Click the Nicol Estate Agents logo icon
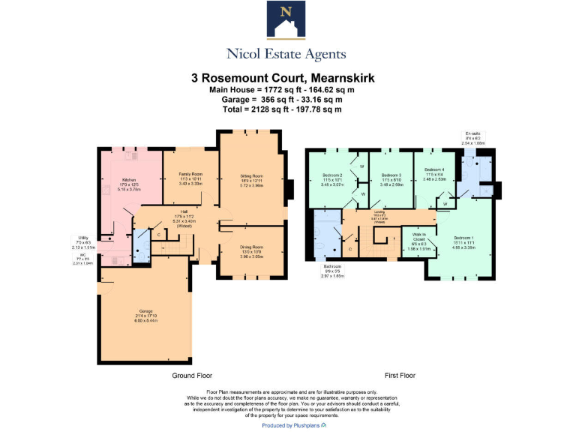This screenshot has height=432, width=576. [286, 21]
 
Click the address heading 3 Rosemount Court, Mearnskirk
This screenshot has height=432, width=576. [287, 78]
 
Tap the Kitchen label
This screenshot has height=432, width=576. [130, 180]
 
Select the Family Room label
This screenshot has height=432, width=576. [190, 174]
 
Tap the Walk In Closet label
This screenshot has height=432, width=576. [418, 238]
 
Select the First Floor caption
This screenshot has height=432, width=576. [399, 375]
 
